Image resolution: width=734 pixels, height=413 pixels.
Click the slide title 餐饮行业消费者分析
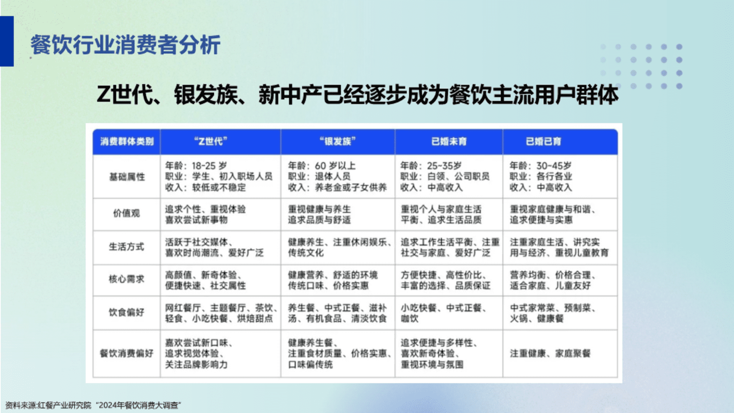pos(125,45)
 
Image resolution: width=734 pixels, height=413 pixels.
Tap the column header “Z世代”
pos(211,141)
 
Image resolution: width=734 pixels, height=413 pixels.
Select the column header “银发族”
pos(338,141)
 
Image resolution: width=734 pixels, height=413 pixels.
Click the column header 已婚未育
pos(449,141)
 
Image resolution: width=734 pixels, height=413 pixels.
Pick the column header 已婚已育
pos(543,141)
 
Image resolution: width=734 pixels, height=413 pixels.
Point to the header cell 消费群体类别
pos(127,141)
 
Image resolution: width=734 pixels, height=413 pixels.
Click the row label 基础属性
pos(127,177)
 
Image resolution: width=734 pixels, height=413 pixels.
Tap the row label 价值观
pos(127,213)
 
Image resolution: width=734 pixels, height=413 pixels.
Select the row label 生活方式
pos(127,247)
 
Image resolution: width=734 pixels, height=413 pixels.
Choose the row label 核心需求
pos(127,279)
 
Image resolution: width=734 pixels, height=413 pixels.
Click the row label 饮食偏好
pos(127,312)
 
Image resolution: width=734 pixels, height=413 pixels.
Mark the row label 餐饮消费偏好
pos(127,353)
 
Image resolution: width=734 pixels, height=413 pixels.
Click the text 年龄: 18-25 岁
pos(196,166)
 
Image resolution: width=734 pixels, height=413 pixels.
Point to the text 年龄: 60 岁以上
pos(322,166)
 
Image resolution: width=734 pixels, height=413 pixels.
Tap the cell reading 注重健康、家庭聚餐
pos(550,353)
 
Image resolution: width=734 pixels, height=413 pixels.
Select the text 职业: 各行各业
pos(541,176)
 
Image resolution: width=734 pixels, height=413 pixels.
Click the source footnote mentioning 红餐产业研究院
pos(93,405)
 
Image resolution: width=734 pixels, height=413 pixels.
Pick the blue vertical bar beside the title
pos(7,41)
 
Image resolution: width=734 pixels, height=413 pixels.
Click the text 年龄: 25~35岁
pos(431,166)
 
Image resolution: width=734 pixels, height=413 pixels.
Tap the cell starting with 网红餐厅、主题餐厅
pos(221,313)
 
